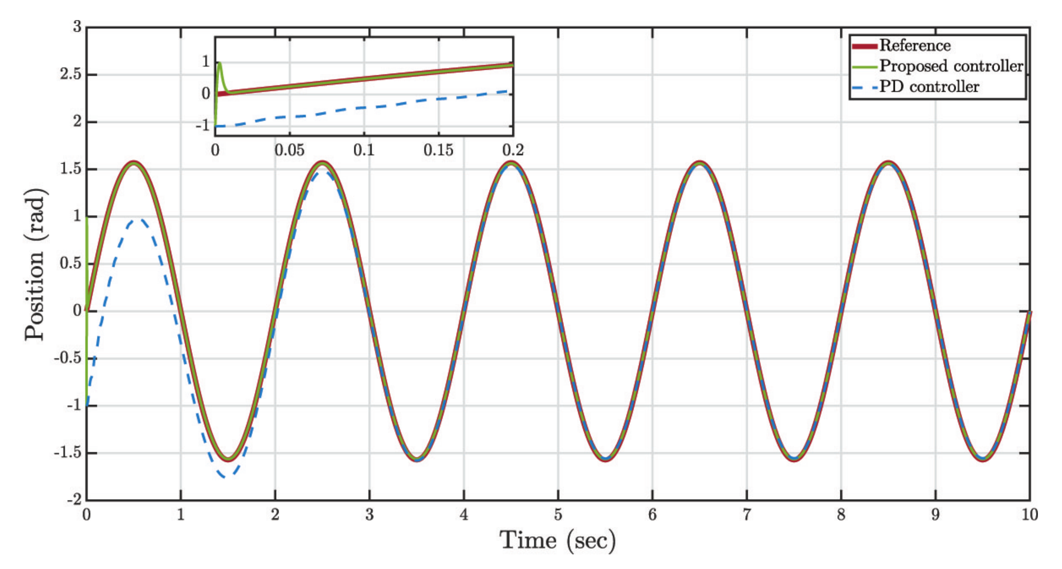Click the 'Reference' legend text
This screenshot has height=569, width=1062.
coord(914,45)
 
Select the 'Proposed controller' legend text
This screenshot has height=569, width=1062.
coord(951,66)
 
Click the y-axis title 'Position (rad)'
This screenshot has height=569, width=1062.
coord(35,264)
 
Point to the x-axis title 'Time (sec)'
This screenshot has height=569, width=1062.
coord(557,540)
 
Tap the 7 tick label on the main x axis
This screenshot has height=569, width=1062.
coord(747,515)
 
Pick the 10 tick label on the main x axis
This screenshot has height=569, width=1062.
coord(1029,515)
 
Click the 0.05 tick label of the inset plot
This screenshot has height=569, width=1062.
coord(290,150)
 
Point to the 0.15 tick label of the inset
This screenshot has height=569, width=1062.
coord(438,150)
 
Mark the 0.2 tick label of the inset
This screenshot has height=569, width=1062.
coord(512,150)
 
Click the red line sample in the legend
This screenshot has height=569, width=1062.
coord(864,46)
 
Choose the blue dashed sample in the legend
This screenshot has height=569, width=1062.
coord(864,87)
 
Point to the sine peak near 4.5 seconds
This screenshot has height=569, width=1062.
coord(511,163)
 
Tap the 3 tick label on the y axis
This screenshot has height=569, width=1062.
coord(77,27)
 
